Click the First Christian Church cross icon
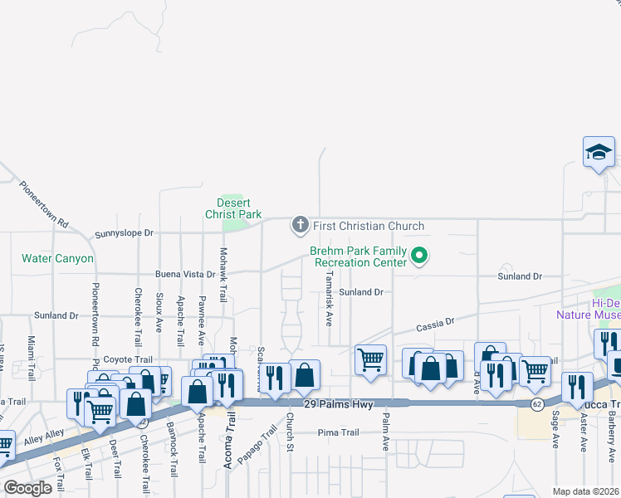pyautogui.click(x=300, y=225)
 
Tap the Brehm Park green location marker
pyautogui.click(x=419, y=256)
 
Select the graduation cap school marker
pyautogui.click(x=599, y=153)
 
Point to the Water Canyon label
pyautogui.click(x=57, y=259)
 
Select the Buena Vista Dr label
pyautogui.click(x=184, y=273)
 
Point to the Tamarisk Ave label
pyautogui.click(x=330, y=296)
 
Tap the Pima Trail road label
pyautogui.click(x=338, y=432)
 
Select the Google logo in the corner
pyautogui.click(x=28, y=487)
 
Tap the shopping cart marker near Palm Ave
pyautogui.click(x=370, y=360)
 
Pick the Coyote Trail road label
pyautogui.click(x=128, y=359)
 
